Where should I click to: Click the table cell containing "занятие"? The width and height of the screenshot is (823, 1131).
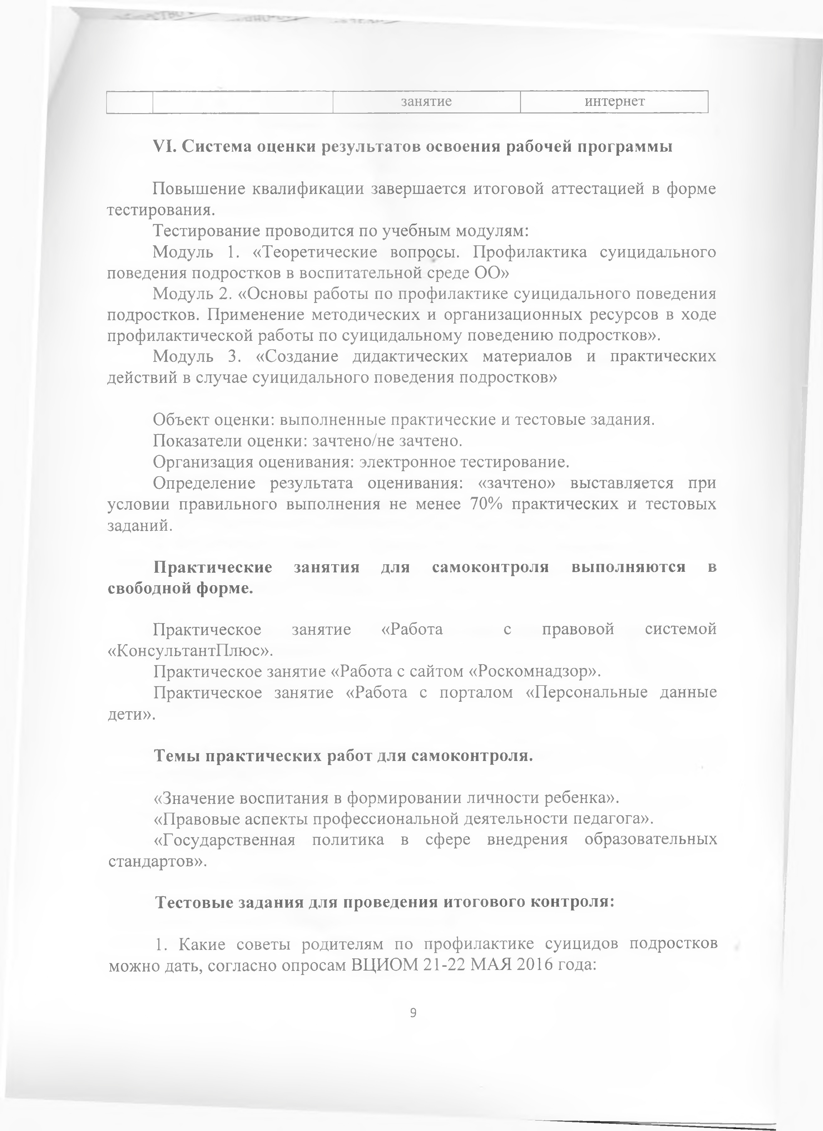pos(426,102)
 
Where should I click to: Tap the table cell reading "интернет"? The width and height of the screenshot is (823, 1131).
pos(614,102)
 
